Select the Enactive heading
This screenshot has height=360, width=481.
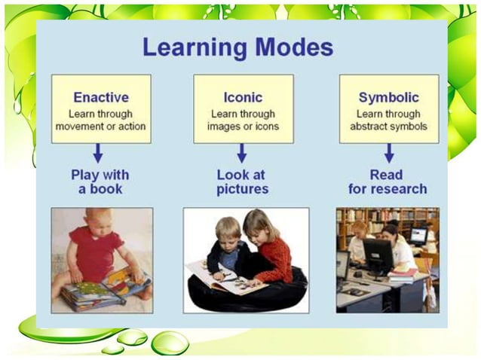[x=100, y=97]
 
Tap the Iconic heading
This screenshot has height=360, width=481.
[x=242, y=97]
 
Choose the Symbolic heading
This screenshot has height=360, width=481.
[x=388, y=97]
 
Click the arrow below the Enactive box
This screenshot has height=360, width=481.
[x=98, y=154]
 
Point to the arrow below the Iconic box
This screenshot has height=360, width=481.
[x=242, y=154]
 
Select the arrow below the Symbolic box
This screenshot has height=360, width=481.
[x=389, y=154]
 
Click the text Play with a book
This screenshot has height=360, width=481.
[x=100, y=182]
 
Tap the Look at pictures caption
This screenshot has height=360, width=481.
[x=242, y=182]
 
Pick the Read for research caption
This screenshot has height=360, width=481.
[x=388, y=182]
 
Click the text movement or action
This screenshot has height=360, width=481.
[x=100, y=127]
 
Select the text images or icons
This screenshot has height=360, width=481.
[x=243, y=127]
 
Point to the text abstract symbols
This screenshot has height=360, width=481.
[x=388, y=127]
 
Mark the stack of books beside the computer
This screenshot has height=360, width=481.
[x=403, y=274]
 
